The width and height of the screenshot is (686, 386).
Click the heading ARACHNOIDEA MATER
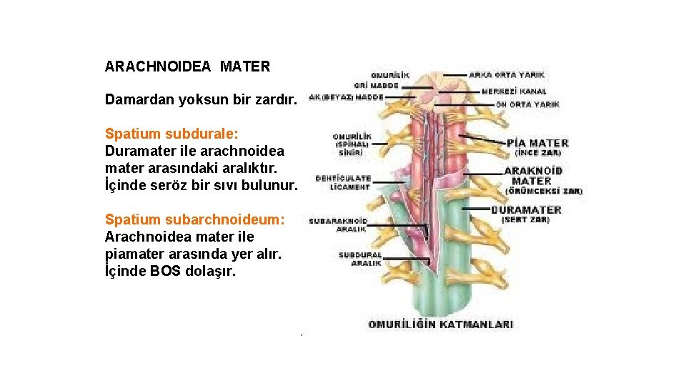click(187, 67)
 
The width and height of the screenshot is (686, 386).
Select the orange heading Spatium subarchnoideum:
click(194, 219)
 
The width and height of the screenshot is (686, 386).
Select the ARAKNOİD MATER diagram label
click(533, 176)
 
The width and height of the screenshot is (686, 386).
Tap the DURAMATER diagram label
click(526, 210)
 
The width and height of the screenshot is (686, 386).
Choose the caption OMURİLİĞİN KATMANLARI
click(440, 325)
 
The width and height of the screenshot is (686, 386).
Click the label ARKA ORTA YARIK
click(507, 74)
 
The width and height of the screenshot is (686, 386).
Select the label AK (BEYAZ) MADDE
click(347, 97)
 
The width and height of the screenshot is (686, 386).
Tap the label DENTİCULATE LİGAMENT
click(343, 182)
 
